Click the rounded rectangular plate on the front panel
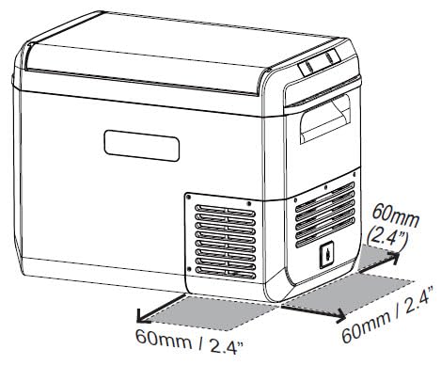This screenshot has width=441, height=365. pyautogui.click(x=142, y=146)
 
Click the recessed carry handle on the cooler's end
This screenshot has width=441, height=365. pyautogui.click(x=325, y=119)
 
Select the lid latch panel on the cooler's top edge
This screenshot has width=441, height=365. pyautogui.click(x=319, y=62)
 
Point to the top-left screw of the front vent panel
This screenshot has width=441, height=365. pyautogui.click(x=188, y=197)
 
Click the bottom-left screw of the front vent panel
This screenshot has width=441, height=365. pyautogui.click(x=189, y=269)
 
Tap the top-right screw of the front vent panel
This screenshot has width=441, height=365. pyautogui.click(x=249, y=203)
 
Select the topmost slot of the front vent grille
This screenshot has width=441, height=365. pyautogui.click(x=225, y=211)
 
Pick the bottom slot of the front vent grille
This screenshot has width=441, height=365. pyautogui.click(x=225, y=273)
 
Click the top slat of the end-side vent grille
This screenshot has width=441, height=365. pyautogui.click(x=325, y=196)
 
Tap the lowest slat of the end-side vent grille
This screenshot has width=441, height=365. pyautogui.click(x=325, y=233)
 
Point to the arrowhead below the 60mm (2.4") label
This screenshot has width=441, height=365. pyautogui.click(x=394, y=257)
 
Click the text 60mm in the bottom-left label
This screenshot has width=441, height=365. pyautogui.click(x=164, y=339)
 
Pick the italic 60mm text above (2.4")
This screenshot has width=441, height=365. pyautogui.click(x=396, y=215)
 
